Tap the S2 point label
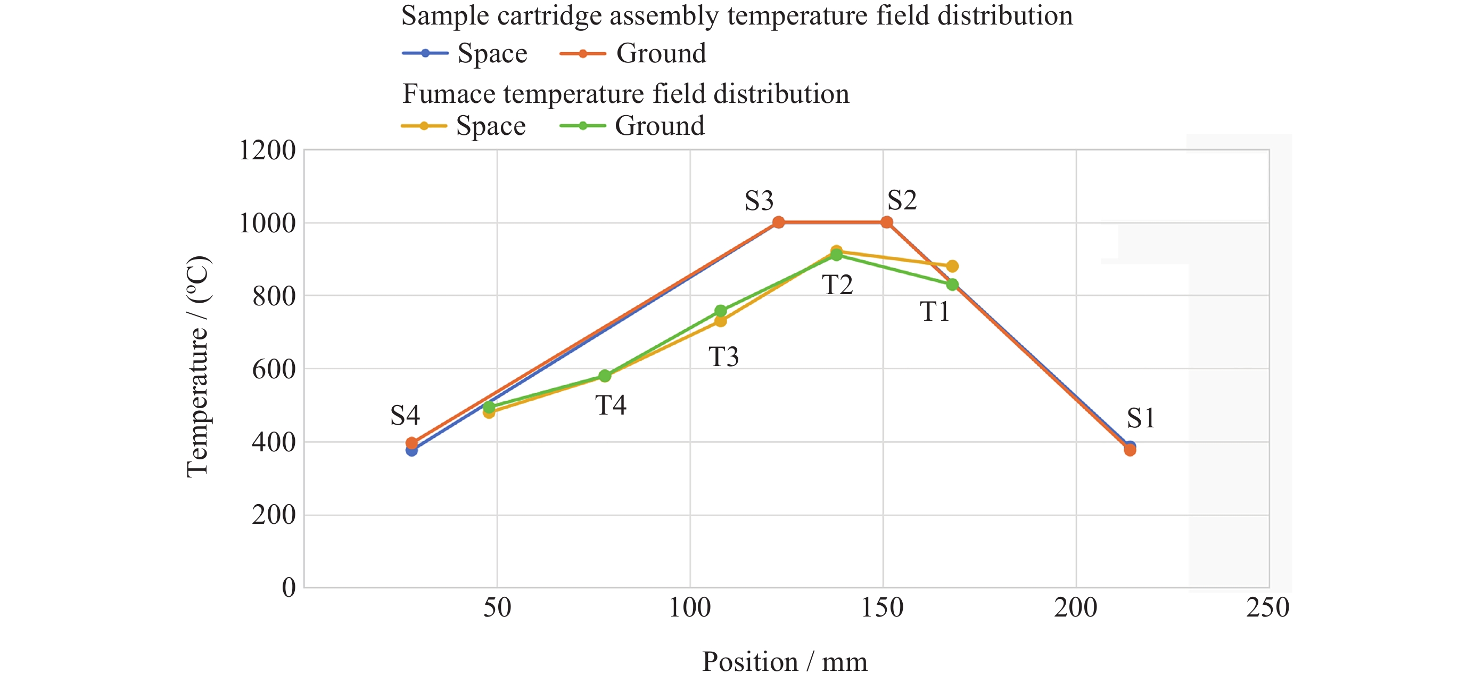point(902,200)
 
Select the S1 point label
point(1141,418)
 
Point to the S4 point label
point(405,416)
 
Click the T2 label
point(838,285)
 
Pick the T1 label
point(935,312)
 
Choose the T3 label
point(724,358)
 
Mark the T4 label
point(611,406)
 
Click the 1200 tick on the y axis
point(267,151)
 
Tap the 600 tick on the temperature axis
point(274,369)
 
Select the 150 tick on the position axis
point(882,608)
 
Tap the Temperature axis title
point(198,367)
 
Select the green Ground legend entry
point(632,126)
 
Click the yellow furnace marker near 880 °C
point(952,266)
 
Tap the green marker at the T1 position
point(952,285)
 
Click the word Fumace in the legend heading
point(448,94)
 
